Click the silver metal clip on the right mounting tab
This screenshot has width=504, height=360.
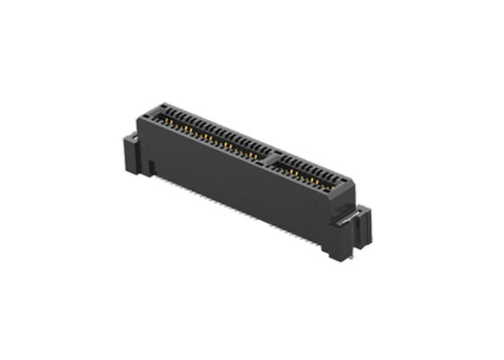coord(352,216)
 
